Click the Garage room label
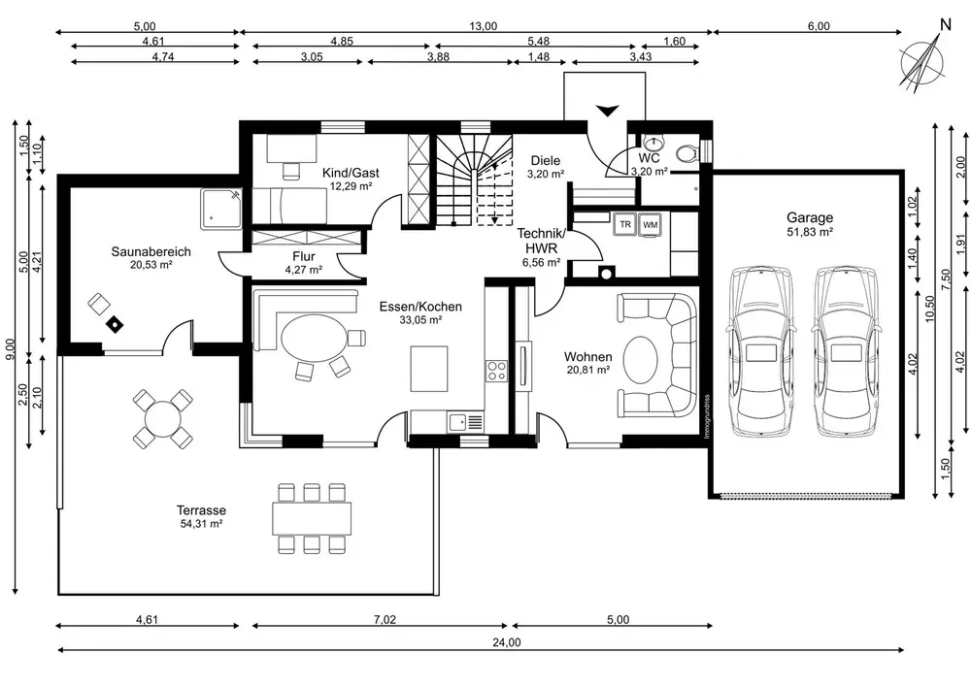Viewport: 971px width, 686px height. click(810, 217)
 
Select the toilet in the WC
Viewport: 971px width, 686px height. click(687, 152)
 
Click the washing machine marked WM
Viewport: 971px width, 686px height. click(650, 224)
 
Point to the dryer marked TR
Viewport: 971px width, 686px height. click(624, 224)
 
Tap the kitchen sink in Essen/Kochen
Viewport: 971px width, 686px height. click(466, 422)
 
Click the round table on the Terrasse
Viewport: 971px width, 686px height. click(162, 419)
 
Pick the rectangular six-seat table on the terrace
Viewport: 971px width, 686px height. click(312, 518)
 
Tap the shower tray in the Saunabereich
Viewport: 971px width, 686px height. click(221, 209)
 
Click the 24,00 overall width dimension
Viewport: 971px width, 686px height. click(507, 642)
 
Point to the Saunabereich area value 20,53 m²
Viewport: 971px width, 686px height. click(151, 265)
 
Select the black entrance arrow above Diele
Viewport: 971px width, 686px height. click(608, 111)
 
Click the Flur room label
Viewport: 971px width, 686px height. click(303, 256)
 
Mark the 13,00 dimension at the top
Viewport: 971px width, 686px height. click(483, 26)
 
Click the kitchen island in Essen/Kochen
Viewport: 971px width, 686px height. click(429, 369)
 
